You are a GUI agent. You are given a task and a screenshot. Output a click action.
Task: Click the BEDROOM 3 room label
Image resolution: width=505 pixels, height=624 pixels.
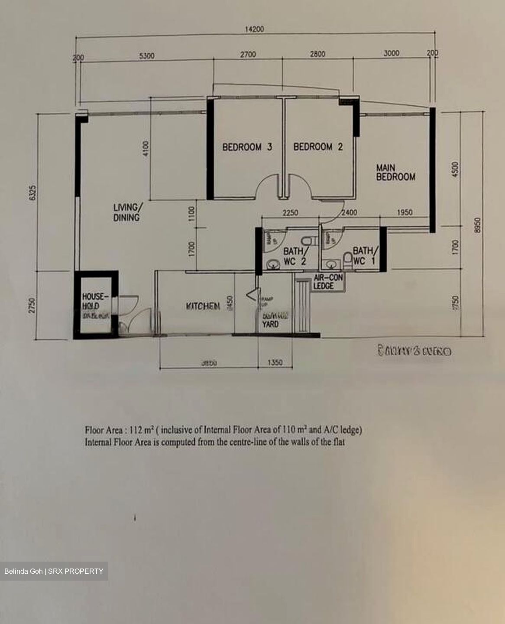coord(247,147)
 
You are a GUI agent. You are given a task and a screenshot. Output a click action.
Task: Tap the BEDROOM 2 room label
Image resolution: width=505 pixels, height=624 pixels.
coord(318,147)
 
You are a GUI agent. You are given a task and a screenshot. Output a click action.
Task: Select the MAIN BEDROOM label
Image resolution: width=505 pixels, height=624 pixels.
coord(395,172)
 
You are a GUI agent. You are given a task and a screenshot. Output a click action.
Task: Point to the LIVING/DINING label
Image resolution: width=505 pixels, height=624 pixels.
coord(126,212)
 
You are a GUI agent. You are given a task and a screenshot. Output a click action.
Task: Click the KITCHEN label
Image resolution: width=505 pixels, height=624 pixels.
coord(203,306)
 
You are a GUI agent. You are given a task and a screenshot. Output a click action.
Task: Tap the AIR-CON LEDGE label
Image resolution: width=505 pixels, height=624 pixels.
coord(328,282)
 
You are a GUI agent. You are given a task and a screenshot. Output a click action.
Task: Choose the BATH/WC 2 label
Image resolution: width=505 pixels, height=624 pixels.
coord(296,257)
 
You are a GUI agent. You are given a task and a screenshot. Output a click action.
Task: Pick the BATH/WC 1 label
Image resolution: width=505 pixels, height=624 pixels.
coord(365,256)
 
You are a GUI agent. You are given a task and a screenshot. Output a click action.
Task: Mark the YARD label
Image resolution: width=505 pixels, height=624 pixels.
coord(270,324)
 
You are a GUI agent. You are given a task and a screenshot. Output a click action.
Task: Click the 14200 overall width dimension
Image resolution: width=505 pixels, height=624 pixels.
coord(254,29)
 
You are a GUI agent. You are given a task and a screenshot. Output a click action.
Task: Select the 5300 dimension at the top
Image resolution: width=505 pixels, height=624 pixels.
coord(146,55)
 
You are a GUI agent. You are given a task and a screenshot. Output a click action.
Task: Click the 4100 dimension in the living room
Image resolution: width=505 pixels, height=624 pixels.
coord(146,149)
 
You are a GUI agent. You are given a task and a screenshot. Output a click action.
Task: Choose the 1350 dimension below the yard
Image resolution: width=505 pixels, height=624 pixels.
coord(275,362)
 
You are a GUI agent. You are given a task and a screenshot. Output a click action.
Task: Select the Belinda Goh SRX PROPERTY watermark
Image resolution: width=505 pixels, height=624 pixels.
coord(54,571)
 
